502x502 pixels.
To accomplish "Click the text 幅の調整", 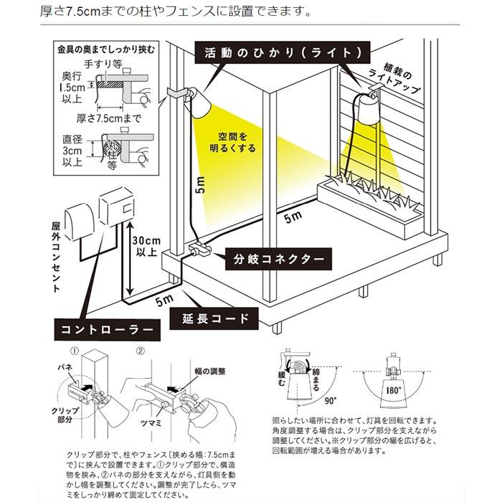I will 210,371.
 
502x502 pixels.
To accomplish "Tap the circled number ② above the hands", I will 141,351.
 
